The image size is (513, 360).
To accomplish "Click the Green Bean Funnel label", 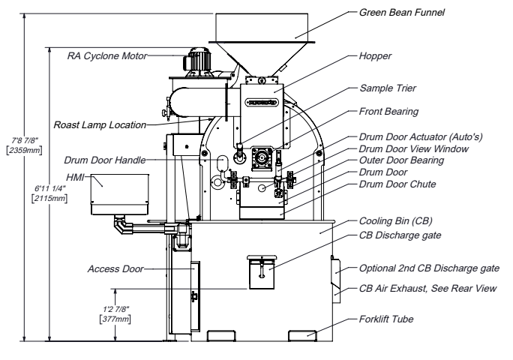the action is [x=402, y=13].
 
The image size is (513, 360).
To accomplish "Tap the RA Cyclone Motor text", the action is [x=107, y=56].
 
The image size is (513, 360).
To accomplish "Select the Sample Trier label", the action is [x=388, y=88].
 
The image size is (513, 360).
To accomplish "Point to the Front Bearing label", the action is [x=388, y=112].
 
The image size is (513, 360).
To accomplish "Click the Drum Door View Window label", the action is [x=414, y=149].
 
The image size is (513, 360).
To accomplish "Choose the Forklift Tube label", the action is [x=386, y=319].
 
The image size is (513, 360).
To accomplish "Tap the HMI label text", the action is [x=75, y=178].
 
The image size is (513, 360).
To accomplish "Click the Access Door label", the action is [x=115, y=269].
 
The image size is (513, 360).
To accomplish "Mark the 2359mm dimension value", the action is [x=25, y=151].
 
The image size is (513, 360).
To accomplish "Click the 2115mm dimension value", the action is [x=49, y=198].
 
